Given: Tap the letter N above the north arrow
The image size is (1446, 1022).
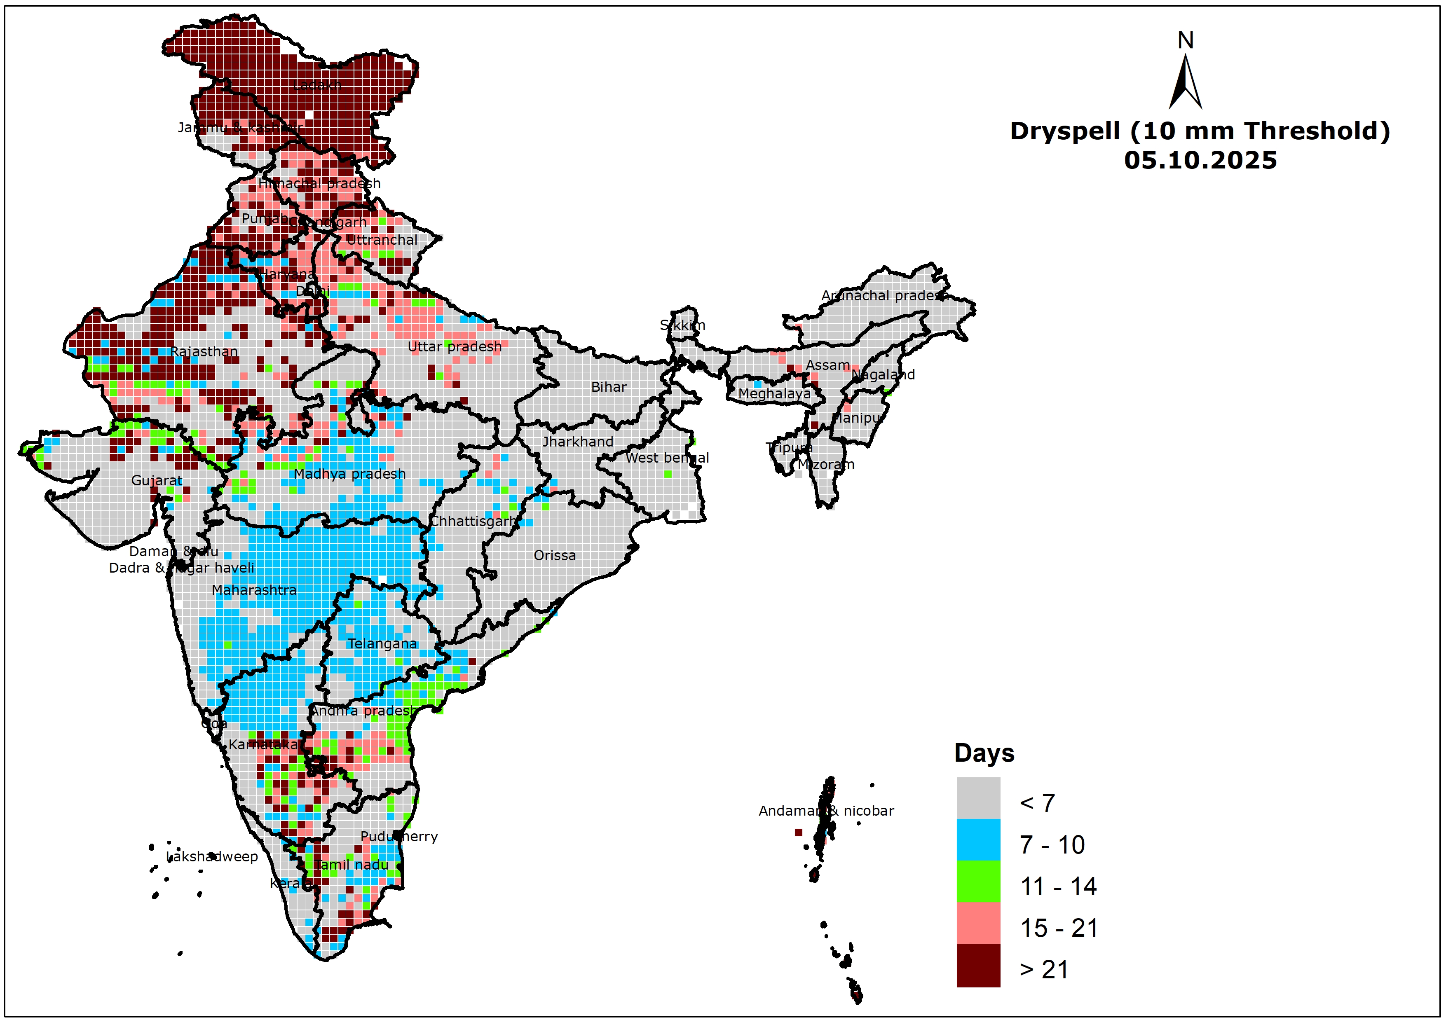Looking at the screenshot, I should point(1185,41).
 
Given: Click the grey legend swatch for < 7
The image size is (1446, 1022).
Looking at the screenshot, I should point(978,798).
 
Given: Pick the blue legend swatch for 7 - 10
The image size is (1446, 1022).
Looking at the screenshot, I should point(978,840).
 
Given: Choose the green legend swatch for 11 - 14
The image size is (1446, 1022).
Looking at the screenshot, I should point(978,881).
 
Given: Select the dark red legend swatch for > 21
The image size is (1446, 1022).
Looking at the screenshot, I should point(978,965).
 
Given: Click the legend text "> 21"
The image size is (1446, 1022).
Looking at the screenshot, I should point(1043,970).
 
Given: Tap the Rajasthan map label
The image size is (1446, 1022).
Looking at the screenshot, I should point(204,351).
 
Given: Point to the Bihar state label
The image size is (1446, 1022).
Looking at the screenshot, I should point(608,387).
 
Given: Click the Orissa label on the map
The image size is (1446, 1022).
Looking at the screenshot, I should point(554,555).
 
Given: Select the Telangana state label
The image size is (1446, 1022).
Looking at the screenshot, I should point(382,643).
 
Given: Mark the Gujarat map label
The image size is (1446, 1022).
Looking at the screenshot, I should point(157,480).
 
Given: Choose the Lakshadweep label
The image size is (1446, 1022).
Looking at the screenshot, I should point(212,856).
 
